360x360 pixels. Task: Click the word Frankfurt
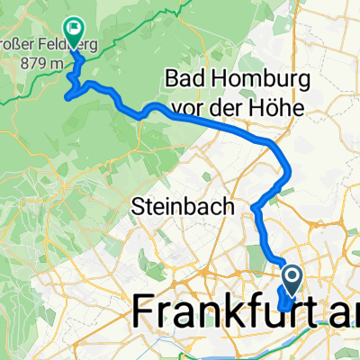225,314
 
